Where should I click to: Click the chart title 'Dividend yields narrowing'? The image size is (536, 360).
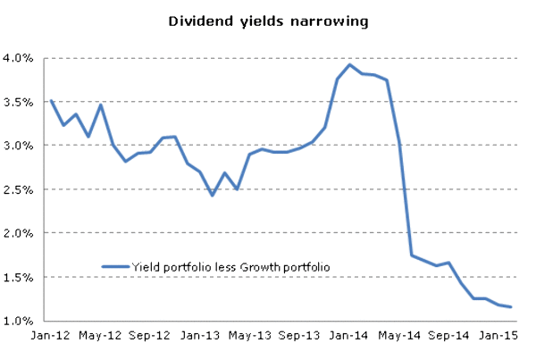[268, 19]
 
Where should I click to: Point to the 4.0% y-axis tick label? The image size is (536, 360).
[20, 58]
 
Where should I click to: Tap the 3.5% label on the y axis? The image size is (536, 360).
[20, 102]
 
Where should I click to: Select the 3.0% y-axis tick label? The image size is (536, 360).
[20, 146]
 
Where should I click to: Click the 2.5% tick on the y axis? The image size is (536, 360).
[20, 189]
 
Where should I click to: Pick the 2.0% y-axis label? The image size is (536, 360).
[20, 233]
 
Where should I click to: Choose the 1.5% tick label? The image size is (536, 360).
[20, 277]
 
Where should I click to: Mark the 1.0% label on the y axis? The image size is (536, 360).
[20, 321]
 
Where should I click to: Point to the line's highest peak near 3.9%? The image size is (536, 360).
[350, 64]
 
